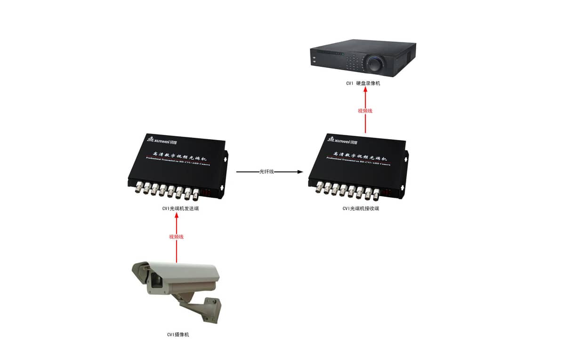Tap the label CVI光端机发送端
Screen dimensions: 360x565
pos(177,208)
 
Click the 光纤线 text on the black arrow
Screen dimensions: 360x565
pos(266,172)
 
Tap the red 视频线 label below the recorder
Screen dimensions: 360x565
pos(365,111)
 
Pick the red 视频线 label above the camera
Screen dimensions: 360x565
pos(176,237)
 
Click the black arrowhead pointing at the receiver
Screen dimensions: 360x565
pos(300,172)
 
